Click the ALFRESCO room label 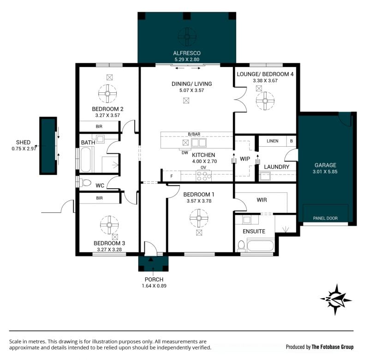click(187, 53)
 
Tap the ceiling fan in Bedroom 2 click(107, 94)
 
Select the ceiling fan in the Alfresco click(187, 37)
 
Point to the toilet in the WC click(85, 183)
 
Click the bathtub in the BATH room click(86, 160)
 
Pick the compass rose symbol click(336, 300)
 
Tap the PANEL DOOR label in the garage click(325, 218)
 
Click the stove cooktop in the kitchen click(204, 176)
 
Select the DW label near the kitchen click(185, 153)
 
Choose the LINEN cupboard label click(273, 141)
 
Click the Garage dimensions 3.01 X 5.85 click(325, 172)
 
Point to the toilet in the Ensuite click(241, 246)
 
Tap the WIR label click(262, 200)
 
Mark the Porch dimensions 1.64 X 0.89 click(154, 286)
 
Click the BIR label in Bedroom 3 click(99, 198)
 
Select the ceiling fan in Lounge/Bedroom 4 click(265, 101)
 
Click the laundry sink click(265, 176)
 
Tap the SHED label click(24, 142)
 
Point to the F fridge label click(172, 176)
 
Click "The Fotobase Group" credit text click(333, 347)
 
